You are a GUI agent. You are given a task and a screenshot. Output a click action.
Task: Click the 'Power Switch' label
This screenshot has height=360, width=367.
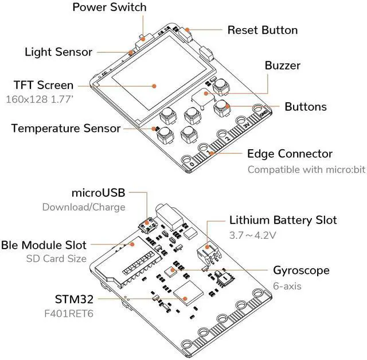click(110, 7)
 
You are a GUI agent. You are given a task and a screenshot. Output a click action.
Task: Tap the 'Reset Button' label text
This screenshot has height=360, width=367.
click(263, 30)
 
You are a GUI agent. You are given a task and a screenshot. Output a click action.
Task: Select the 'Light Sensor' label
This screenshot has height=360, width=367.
click(58, 52)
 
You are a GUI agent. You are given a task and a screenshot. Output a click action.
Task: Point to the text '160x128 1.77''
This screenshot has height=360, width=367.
click(40, 99)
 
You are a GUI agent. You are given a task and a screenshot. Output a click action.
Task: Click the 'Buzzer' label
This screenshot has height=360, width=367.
click(282, 65)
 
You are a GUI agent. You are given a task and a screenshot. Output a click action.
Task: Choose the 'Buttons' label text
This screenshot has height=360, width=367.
click(306, 107)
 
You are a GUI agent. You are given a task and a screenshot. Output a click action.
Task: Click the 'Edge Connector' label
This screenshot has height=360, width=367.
click(290, 154)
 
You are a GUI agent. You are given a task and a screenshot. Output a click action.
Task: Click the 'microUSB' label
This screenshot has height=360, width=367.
click(98, 192)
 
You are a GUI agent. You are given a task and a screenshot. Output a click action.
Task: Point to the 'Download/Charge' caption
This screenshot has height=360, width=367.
click(83, 207)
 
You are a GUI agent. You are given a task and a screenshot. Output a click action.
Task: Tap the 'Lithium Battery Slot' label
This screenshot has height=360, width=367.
click(283, 220)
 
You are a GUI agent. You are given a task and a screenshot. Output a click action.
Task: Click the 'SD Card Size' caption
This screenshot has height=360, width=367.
click(56, 258)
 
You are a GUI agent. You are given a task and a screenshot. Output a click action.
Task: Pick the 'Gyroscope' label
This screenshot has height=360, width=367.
click(301, 270)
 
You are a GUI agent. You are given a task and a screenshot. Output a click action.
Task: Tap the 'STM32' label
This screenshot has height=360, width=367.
click(74, 299)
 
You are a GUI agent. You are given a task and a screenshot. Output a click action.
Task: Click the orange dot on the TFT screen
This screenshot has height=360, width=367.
click(154, 86)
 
